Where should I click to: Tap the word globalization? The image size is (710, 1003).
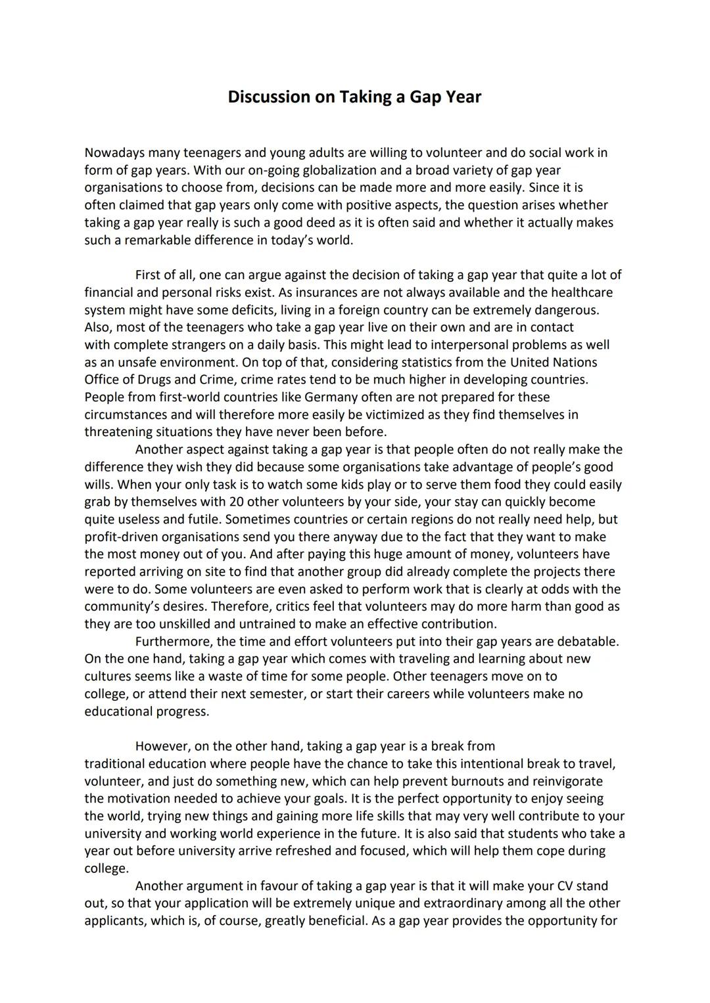(308, 171)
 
